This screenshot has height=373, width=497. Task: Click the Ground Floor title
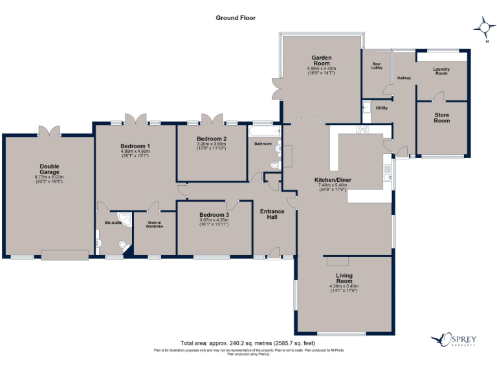[x=236, y=18]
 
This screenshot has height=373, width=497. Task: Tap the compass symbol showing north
[x=483, y=27]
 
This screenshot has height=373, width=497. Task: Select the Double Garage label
[x=49, y=172]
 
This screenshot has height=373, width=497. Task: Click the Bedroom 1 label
[x=135, y=146]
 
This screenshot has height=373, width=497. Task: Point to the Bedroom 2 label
[x=212, y=139]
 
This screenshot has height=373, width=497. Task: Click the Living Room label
[x=344, y=279]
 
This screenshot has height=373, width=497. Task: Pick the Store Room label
[x=441, y=118]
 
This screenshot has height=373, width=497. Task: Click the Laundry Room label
[x=441, y=71]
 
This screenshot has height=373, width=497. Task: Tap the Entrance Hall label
[x=272, y=214]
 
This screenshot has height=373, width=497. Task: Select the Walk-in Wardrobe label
[x=153, y=225]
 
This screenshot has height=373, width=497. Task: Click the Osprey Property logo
[x=458, y=339]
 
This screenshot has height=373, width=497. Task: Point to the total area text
[x=248, y=343]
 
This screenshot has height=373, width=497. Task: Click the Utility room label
[x=381, y=107]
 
